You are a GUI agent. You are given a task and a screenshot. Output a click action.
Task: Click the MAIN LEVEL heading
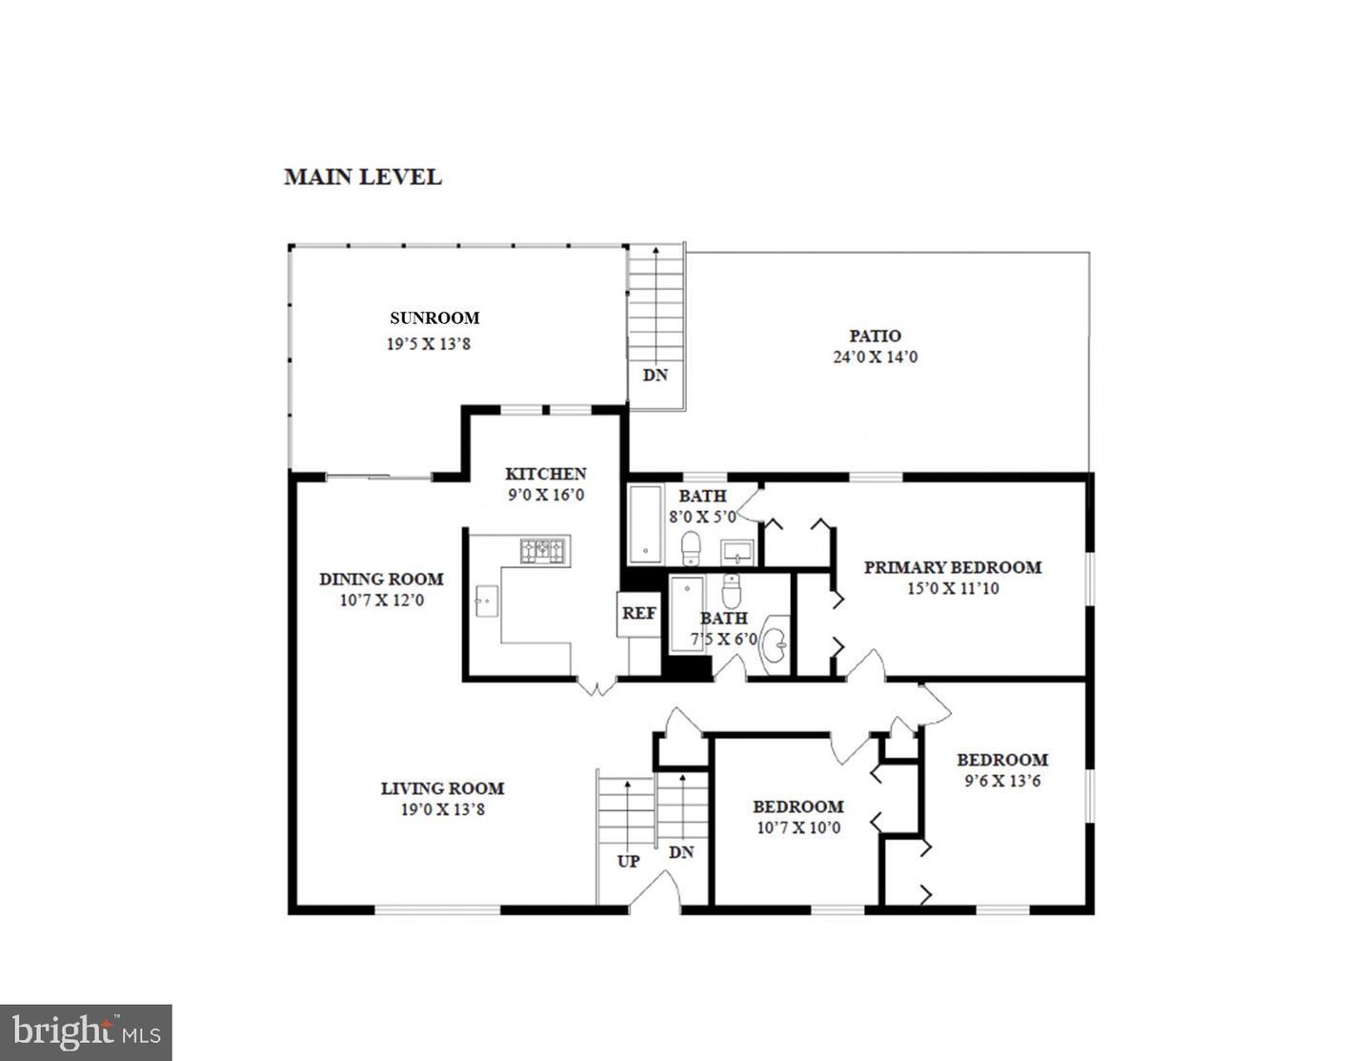[362, 177]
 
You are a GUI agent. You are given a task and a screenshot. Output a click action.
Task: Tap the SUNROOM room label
[434, 318]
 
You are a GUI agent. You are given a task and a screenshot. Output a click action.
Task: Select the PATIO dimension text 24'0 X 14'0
[875, 357]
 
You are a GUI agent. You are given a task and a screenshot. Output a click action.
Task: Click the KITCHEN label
[545, 474]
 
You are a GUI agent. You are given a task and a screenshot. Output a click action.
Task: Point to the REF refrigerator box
[638, 613]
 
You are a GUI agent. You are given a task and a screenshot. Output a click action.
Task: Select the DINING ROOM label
[381, 579]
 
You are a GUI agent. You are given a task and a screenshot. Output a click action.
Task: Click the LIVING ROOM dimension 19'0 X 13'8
[442, 809]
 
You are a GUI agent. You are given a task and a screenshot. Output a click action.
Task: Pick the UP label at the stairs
[628, 862]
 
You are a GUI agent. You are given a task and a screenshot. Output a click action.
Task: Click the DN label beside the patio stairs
[655, 375]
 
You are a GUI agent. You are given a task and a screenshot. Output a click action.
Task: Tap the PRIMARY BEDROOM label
[952, 567]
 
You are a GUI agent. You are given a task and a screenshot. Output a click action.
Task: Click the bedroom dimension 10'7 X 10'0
[798, 827]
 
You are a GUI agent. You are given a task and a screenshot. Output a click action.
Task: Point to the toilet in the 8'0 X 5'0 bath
[692, 548]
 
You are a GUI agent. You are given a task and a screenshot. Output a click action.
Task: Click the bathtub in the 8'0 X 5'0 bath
[645, 525]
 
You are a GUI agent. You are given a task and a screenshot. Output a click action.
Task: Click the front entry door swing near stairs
[655, 887]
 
